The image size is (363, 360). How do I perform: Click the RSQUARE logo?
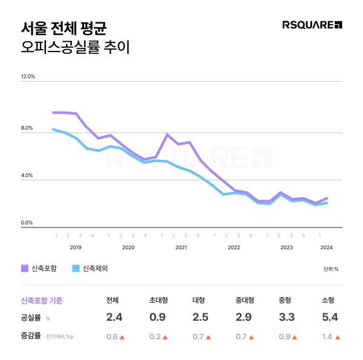312,25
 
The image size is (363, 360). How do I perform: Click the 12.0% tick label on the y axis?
28,77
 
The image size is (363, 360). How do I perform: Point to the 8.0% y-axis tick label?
27,128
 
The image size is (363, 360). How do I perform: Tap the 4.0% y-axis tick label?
27,175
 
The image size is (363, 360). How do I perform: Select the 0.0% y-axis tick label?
27,223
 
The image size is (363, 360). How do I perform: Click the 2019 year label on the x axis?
76,247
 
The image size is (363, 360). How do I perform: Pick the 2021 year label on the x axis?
181,247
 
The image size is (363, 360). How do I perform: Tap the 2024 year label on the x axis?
327,247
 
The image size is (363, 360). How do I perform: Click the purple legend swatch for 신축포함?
25,268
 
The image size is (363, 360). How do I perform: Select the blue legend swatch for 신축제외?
76,268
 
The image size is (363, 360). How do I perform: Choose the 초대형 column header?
159,300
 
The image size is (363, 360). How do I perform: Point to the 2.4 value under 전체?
114,318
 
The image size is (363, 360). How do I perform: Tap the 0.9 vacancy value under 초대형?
158,318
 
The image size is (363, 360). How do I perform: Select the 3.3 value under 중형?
286,318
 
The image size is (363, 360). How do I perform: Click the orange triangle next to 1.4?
338,337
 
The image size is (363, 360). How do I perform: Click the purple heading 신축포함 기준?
42,300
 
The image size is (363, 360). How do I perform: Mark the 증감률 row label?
30,336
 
